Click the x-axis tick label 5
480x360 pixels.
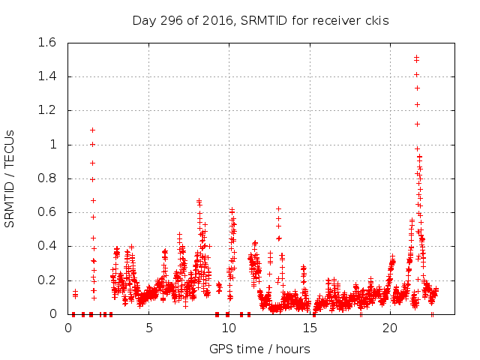148,328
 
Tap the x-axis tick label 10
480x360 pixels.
229,328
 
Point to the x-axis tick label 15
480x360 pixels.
309,328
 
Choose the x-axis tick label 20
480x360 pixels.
390,328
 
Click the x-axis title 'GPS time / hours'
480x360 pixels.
259,349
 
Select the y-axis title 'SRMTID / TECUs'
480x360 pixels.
10,178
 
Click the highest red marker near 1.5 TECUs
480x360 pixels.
416,57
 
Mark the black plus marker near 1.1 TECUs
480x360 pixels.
92,130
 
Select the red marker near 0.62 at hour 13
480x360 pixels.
278,208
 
